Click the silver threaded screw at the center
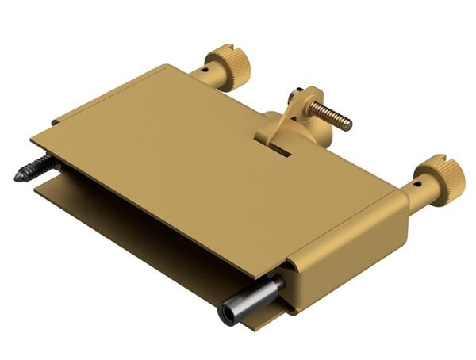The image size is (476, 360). pyautogui.click(x=330, y=113)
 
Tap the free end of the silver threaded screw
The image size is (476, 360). pyautogui.click(x=347, y=124)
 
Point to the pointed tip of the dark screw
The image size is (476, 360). pyautogui.click(x=17, y=178)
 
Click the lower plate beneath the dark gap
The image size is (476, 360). pyautogui.click(x=119, y=222)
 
